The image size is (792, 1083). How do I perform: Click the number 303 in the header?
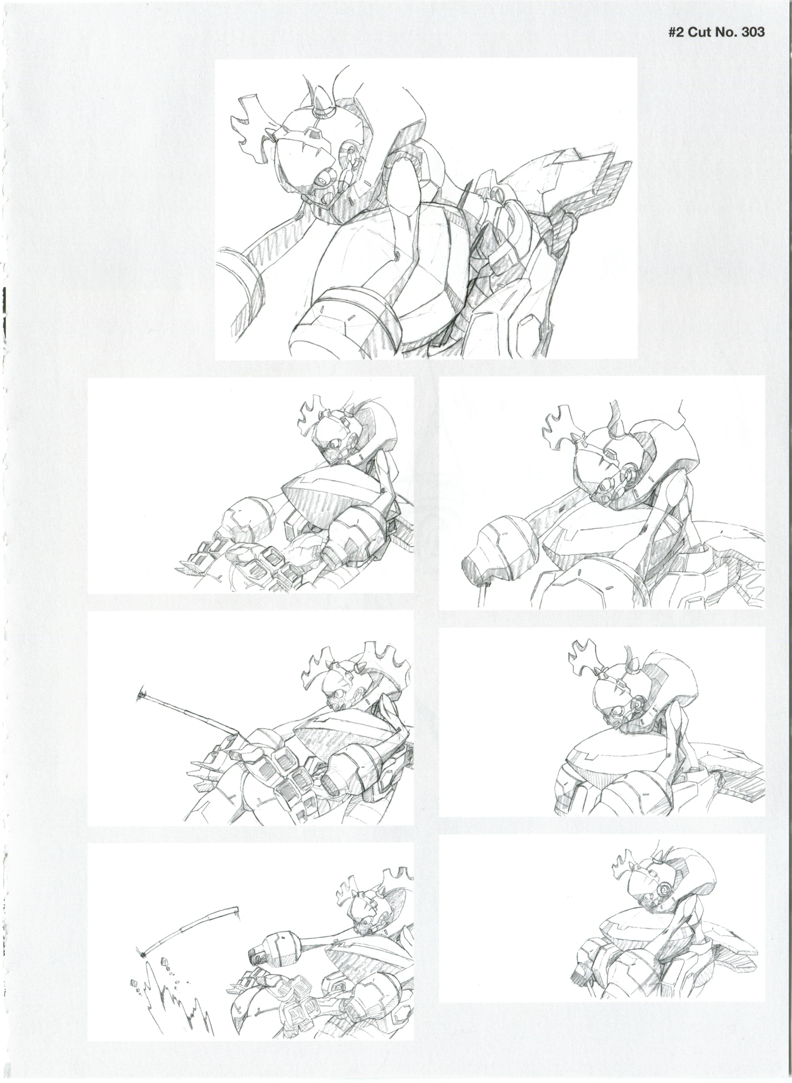pyautogui.click(x=752, y=32)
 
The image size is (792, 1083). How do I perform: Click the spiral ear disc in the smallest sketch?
pyautogui.click(x=664, y=890)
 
